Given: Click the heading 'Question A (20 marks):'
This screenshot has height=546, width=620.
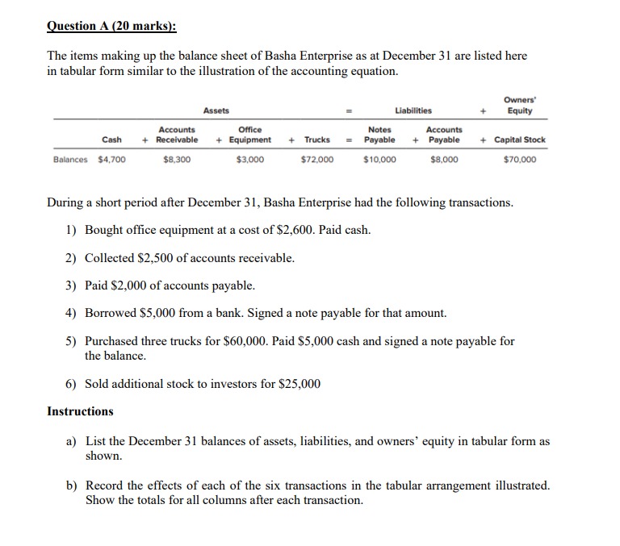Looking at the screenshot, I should pyautogui.click(x=111, y=26).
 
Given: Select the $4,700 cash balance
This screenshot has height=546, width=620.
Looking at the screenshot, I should pyautogui.click(x=111, y=160).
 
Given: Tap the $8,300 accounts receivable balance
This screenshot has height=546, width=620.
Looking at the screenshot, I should pyautogui.click(x=177, y=160).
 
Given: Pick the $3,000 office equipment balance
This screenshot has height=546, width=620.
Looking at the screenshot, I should pyautogui.click(x=249, y=160).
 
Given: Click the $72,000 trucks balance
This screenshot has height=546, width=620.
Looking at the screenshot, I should pyautogui.click(x=316, y=160).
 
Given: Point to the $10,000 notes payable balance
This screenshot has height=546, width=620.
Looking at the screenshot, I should pyautogui.click(x=380, y=160).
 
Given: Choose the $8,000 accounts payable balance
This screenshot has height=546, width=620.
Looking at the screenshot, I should pyautogui.click(x=444, y=160).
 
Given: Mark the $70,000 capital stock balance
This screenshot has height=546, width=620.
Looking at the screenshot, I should pyautogui.click(x=519, y=160).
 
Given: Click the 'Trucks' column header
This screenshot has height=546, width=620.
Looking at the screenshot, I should pyautogui.click(x=316, y=140).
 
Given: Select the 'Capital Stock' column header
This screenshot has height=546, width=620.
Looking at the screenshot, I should pyautogui.click(x=519, y=140).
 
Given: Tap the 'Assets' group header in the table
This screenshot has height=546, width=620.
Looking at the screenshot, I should pyautogui.click(x=216, y=110).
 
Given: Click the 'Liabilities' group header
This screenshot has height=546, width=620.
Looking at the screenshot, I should pyautogui.click(x=413, y=110).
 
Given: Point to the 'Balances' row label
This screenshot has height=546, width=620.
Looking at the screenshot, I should pyautogui.click(x=70, y=160).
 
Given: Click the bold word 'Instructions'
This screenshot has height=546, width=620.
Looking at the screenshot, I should pyautogui.click(x=81, y=411).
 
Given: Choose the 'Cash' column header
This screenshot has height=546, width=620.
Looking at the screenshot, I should pyautogui.click(x=111, y=140).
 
